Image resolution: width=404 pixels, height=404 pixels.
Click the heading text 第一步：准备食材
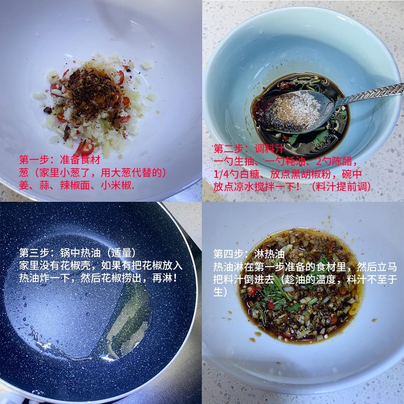pos(60,160)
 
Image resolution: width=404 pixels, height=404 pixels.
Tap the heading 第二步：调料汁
pos(249,149)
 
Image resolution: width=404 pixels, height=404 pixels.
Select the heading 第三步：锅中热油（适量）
pos(78,253)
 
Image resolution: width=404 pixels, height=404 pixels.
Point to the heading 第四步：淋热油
pos(249,254)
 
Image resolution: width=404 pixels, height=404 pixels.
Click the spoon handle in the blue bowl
pos(366,96)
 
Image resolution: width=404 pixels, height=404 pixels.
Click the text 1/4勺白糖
pos(236,174)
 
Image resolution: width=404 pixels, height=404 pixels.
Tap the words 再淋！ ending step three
pos(165,278)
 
